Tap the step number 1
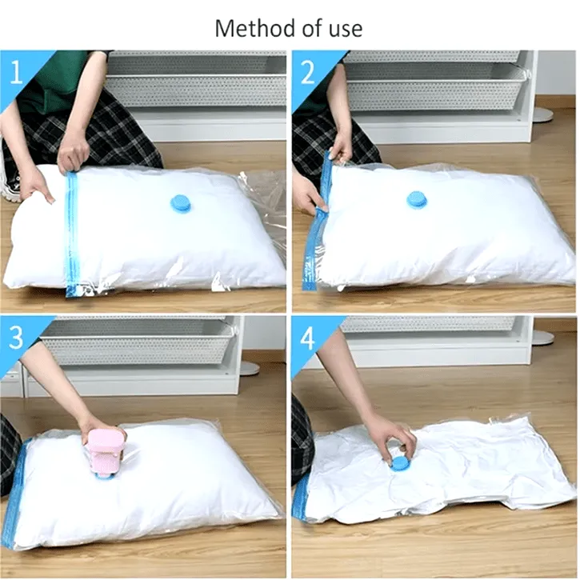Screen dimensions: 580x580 click(x=16, y=72)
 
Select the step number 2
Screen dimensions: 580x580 click(x=308, y=72)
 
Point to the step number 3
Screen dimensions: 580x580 click(x=16, y=337)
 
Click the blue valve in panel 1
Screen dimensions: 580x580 click(x=180, y=204)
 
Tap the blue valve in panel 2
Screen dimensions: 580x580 click(x=417, y=201)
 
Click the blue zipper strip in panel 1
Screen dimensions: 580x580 click(x=72, y=233)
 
